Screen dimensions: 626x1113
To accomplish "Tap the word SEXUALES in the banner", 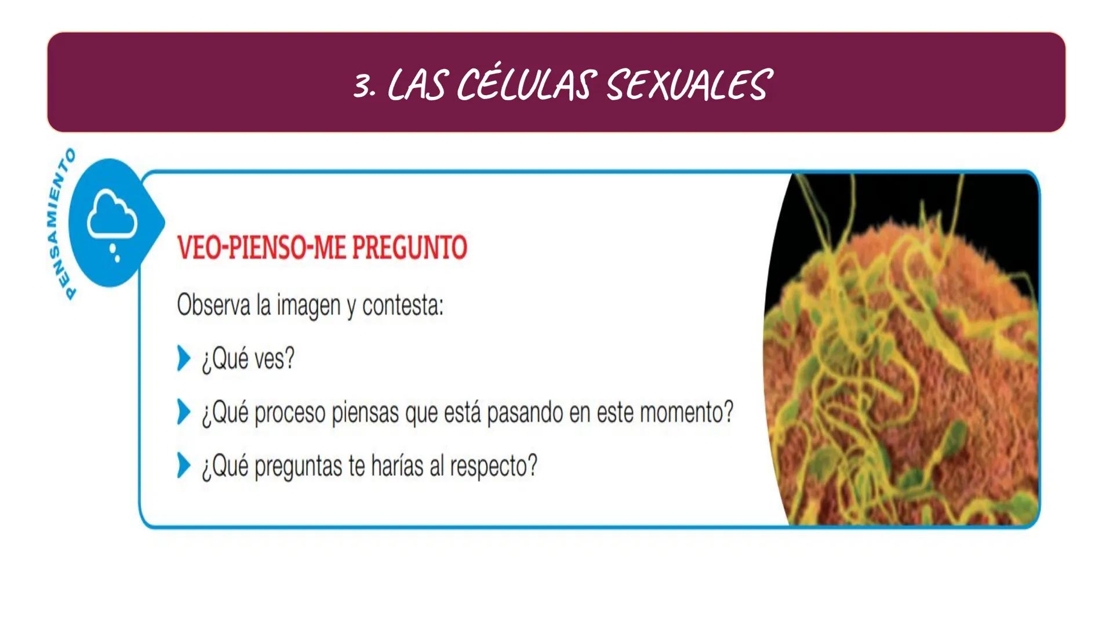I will click(x=689, y=85).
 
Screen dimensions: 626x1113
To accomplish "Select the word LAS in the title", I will click(x=416, y=85).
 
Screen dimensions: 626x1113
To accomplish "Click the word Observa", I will click(x=213, y=305).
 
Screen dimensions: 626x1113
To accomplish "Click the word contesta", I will click(x=402, y=305).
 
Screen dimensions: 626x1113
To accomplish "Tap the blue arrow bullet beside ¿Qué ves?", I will click(x=183, y=358).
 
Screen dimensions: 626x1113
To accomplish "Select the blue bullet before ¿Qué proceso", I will click(x=183, y=412).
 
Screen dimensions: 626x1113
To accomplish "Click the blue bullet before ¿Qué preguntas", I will click(x=183, y=465).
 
